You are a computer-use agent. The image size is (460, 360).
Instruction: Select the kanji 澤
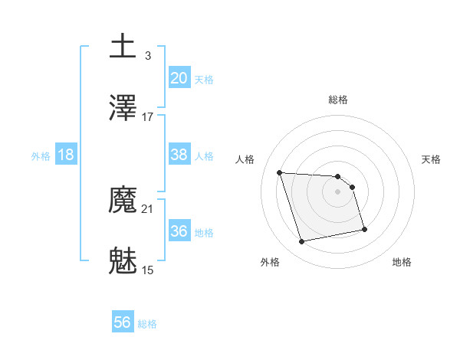point(124,109)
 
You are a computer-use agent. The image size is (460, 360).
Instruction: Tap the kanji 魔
point(124,201)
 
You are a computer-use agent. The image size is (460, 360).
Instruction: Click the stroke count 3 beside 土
point(147,55)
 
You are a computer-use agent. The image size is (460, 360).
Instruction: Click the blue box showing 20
point(179,77)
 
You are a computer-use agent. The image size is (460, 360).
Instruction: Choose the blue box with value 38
point(179,155)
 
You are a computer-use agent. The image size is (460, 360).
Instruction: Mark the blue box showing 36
point(179,231)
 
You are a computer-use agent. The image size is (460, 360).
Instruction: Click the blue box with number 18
point(66,155)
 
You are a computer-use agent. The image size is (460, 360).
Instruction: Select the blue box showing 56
point(122,323)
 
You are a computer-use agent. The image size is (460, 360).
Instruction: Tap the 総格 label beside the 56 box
point(147,324)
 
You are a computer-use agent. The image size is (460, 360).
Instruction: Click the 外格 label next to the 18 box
point(41,155)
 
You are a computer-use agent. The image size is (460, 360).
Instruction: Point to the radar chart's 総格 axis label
point(338,100)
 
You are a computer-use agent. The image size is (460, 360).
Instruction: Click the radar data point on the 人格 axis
point(279,172)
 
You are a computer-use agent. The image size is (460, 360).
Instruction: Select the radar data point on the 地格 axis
point(363,228)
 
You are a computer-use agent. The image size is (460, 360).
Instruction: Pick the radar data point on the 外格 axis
point(302,242)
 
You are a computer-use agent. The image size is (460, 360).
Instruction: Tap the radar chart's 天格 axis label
point(432,159)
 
